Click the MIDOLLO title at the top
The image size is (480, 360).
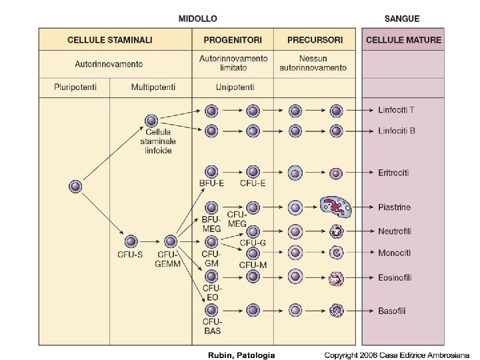coord(197,18)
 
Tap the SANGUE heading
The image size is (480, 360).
coord(402,18)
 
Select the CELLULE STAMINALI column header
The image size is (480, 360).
coord(110,40)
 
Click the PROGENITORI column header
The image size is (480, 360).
coord(233,40)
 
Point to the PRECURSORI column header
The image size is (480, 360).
coord(315,40)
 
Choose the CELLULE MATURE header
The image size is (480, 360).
coord(403,40)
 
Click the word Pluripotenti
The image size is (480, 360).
coord(75,87)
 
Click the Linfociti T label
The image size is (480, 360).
coord(397,110)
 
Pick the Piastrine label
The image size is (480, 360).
coord(395,208)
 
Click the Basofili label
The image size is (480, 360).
coord(393,311)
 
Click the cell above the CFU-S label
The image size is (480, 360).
coord(131,241)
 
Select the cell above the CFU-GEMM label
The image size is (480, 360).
coord(171,241)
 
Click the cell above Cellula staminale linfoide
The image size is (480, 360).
coord(151,121)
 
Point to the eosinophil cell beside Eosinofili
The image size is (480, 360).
coord(336,279)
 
